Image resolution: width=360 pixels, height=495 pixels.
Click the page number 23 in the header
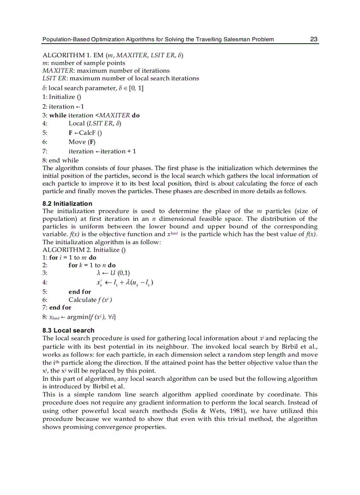coord(314,39)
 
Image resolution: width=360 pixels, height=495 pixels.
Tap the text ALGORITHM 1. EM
coord(71,56)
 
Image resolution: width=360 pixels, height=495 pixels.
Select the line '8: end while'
coord(60,160)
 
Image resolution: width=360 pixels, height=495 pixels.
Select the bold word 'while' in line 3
coord(58,115)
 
